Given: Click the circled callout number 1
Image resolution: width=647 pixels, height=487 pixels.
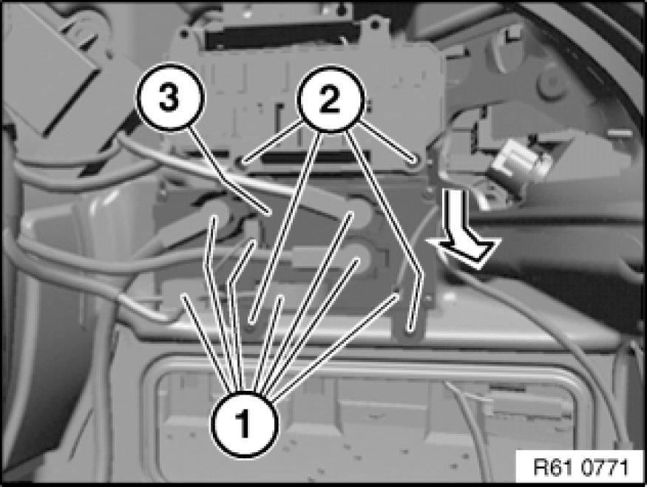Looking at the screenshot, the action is tap(244, 423).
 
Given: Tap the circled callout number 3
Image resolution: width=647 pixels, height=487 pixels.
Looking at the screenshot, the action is tap(170, 98).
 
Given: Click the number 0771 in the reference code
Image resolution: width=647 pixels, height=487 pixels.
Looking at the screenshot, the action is tap(605, 468).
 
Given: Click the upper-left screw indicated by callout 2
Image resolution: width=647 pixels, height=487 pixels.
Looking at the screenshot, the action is tap(243, 162).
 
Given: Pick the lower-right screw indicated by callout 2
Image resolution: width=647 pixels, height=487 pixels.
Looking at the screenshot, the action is tap(410, 331).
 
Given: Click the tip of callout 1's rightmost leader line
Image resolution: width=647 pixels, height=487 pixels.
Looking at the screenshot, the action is tap(397, 296).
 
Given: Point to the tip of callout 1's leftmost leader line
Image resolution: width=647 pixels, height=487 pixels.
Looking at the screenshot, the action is tap(183, 296).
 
